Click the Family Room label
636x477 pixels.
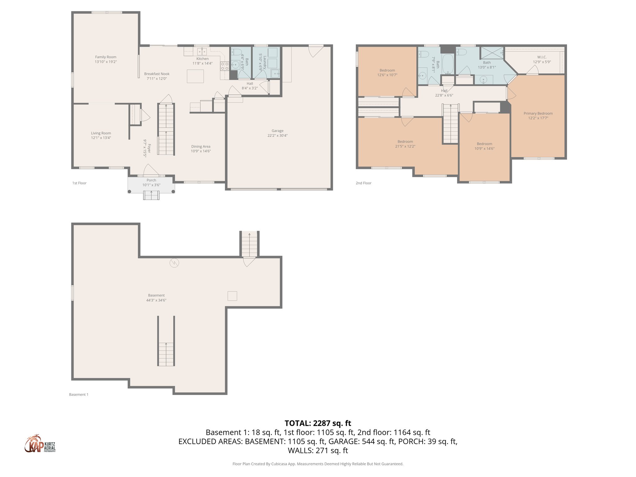tap(106, 57)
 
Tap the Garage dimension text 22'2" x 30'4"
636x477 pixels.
tap(277, 135)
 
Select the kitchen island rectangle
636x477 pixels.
tap(195, 76)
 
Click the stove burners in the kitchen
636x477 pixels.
tap(225, 66)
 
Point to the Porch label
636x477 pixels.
tap(151, 180)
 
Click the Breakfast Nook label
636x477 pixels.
tap(157, 74)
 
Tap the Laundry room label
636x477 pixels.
tap(265, 62)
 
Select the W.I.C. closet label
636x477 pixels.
tap(542, 57)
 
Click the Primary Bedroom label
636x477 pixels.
tap(538, 113)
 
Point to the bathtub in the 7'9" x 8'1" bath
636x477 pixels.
tap(447, 63)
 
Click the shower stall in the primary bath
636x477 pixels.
tap(492, 53)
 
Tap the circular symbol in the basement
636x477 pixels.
tap(174, 263)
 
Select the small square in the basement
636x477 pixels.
tap(232, 296)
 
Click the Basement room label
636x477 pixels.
tap(156, 295)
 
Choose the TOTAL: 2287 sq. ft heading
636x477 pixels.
tap(318, 423)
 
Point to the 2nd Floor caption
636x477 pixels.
tap(363, 183)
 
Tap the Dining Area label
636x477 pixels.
tap(201, 147)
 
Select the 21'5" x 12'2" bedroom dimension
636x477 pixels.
tap(405, 146)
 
